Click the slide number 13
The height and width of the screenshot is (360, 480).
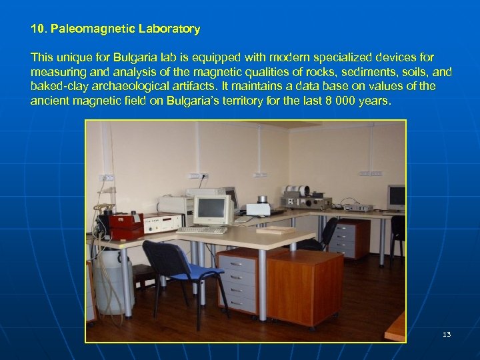447,334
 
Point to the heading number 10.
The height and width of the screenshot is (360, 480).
38,29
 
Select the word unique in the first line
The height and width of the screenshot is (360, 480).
71,58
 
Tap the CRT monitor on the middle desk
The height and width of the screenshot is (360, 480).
211,210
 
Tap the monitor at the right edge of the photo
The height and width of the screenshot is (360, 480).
396,197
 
